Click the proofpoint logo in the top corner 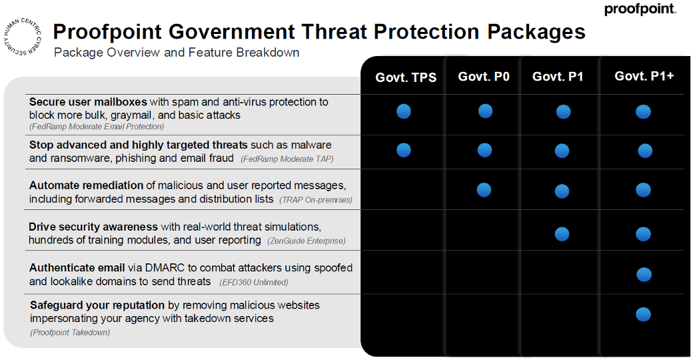point(640,9)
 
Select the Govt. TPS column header point(406,77)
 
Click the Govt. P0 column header point(484,77)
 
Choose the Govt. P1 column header point(558,77)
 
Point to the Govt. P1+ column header point(644,76)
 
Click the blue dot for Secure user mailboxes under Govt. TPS point(404,111)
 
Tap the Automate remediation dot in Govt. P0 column point(484,190)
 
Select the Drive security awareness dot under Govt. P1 point(562,234)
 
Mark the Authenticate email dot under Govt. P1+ point(643,274)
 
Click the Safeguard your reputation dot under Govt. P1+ point(643,314)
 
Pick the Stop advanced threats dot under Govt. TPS point(404,150)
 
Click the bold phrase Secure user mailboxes point(88,102)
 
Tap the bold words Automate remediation point(86,185)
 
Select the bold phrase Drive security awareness point(93,227)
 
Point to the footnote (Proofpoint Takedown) point(70,332)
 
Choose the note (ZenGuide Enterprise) point(306,241)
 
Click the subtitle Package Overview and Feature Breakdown point(176,53)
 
